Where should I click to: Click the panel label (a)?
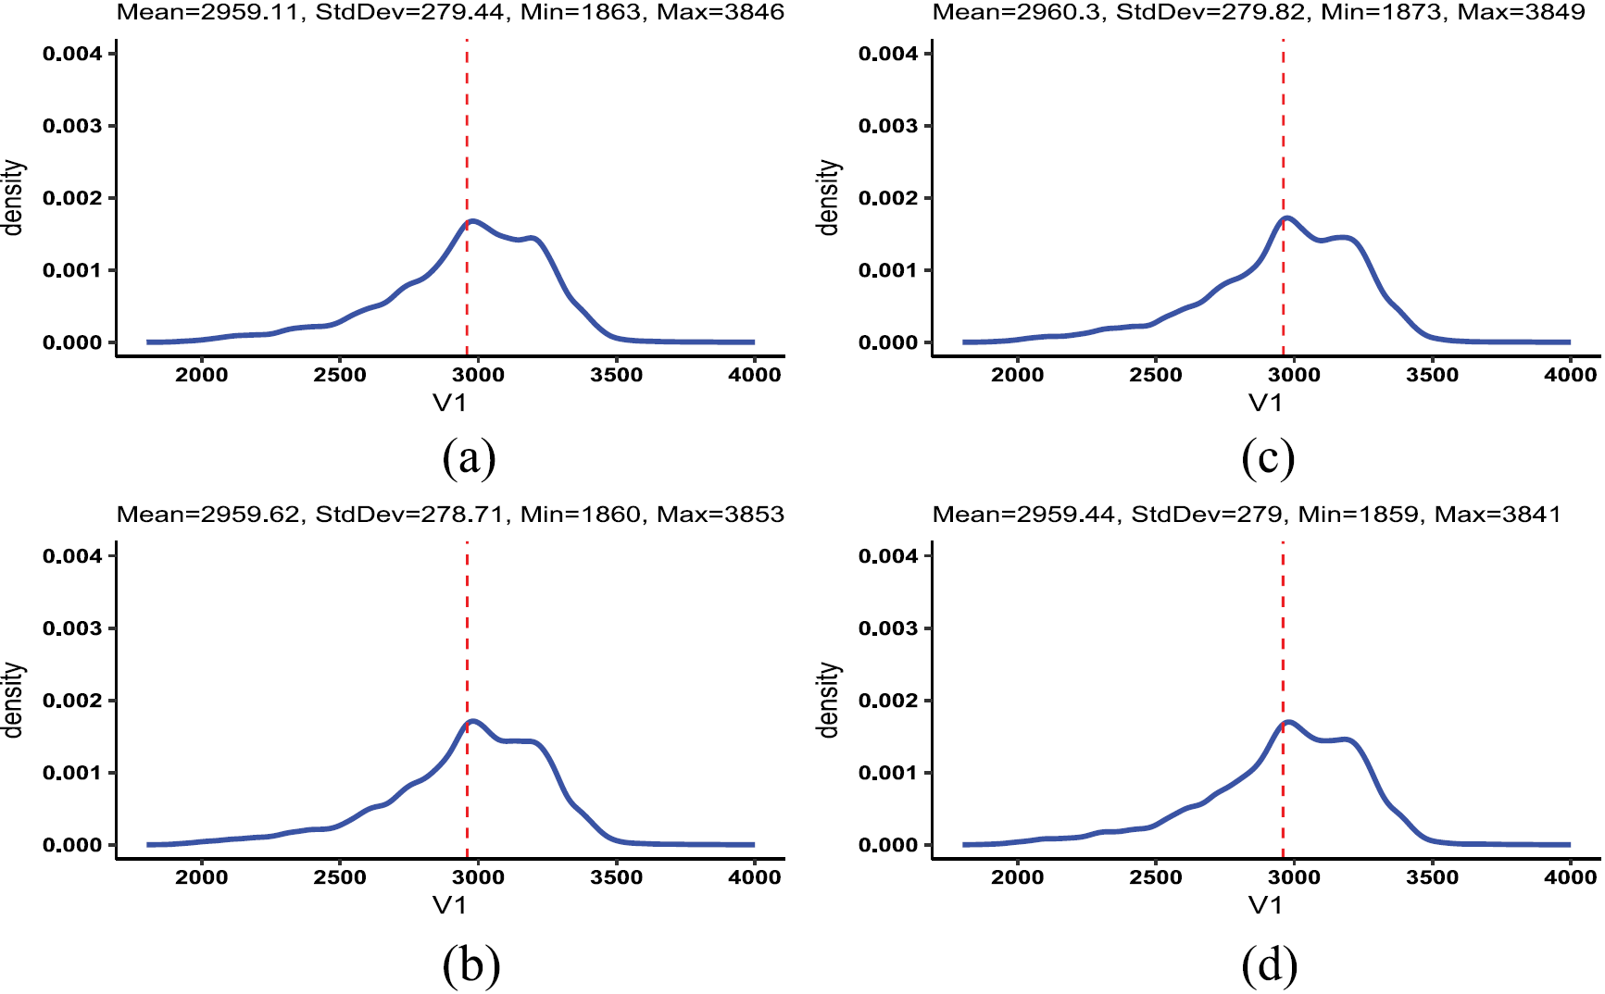click(469, 458)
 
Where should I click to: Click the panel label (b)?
click(470, 965)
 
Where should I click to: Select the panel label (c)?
click(1267, 458)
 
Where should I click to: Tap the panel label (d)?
click(1269, 965)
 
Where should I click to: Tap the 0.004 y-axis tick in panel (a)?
click(72, 54)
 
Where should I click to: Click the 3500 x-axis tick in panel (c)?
click(1432, 375)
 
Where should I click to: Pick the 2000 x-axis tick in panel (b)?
click(202, 877)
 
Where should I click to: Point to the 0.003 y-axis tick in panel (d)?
click(888, 628)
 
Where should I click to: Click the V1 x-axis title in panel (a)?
click(449, 403)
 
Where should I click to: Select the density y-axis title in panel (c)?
click(828, 197)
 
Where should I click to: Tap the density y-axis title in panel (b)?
click(12, 700)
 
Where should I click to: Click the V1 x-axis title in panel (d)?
click(1265, 905)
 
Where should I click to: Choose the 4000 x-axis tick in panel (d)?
click(1570, 877)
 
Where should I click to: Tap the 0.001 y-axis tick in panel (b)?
click(72, 773)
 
